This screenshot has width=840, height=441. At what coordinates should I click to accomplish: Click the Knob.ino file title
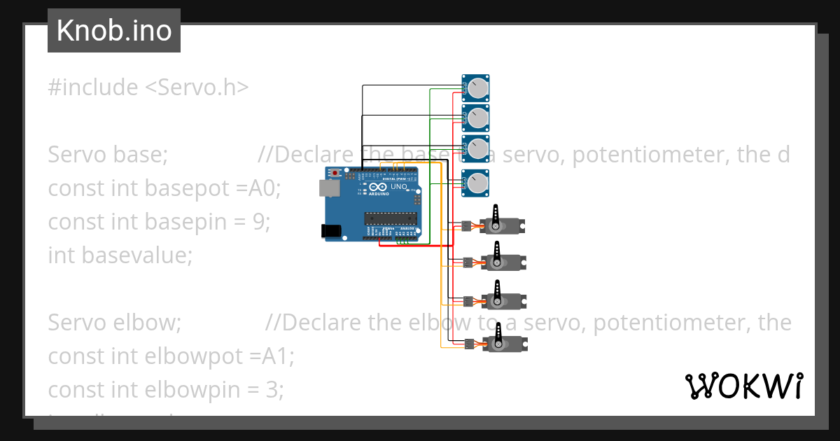pyautogui.click(x=114, y=31)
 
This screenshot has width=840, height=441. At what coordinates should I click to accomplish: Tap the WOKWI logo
pyautogui.click(x=743, y=386)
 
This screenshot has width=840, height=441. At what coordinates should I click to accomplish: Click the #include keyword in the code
pyautogui.click(x=93, y=87)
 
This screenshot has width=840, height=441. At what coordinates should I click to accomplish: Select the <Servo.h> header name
pyautogui.click(x=197, y=87)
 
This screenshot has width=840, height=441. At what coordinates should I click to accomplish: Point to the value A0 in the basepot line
pyautogui.click(x=264, y=188)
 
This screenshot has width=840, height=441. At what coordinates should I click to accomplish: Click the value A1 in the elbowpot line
pyautogui.click(x=278, y=356)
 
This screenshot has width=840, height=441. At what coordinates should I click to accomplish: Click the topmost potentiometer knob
pyautogui.click(x=477, y=87)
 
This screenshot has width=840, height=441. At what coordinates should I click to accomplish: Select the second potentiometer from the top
pyautogui.click(x=477, y=118)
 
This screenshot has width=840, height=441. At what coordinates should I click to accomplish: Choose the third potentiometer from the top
pyautogui.click(x=477, y=148)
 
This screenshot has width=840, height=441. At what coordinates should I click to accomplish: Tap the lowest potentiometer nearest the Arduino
pyautogui.click(x=477, y=183)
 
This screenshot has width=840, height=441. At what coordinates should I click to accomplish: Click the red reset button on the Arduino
pyautogui.click(x=335, y=172)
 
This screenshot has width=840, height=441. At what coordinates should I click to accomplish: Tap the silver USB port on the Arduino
pyautogui.click(x=326, y=188)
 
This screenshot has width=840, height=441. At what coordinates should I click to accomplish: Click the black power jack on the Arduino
pyautogui.click(x=328, y=230)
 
